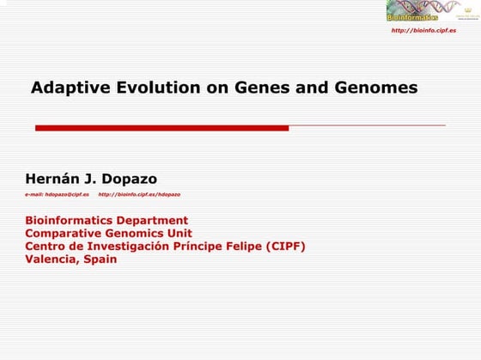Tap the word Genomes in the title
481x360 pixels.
380,88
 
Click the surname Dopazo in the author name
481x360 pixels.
129,180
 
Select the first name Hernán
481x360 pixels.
53,180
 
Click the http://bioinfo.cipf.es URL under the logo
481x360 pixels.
423,30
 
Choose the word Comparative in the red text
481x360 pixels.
61,234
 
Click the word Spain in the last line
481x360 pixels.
100,259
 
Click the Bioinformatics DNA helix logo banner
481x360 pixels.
412,11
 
